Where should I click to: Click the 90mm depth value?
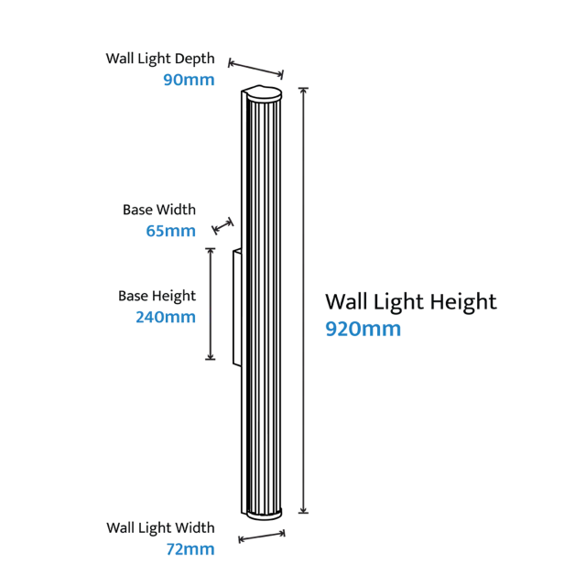pos(189,80)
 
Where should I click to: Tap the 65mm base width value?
pos(171,231)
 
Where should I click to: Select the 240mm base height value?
pos(166,317)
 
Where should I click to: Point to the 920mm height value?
pos(363,329)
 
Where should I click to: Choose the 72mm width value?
pos(190,549)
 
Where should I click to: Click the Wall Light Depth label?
pos(160,59)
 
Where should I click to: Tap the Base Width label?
pos(159,210)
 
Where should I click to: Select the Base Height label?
pos(157,297)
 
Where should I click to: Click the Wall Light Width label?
pos(160,527)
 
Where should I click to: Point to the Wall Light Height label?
pos(411,302)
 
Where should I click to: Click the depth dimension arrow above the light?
pos(255,69)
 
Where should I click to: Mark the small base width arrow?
pos(222,226)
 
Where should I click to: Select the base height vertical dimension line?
pos(211,304)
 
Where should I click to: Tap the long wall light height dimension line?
pos(303,300)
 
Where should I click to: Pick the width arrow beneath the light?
pos(262,537)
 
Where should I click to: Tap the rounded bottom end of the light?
pos(264,514)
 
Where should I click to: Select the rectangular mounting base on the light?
pos(237,308)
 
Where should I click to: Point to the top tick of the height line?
pos(303,89)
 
